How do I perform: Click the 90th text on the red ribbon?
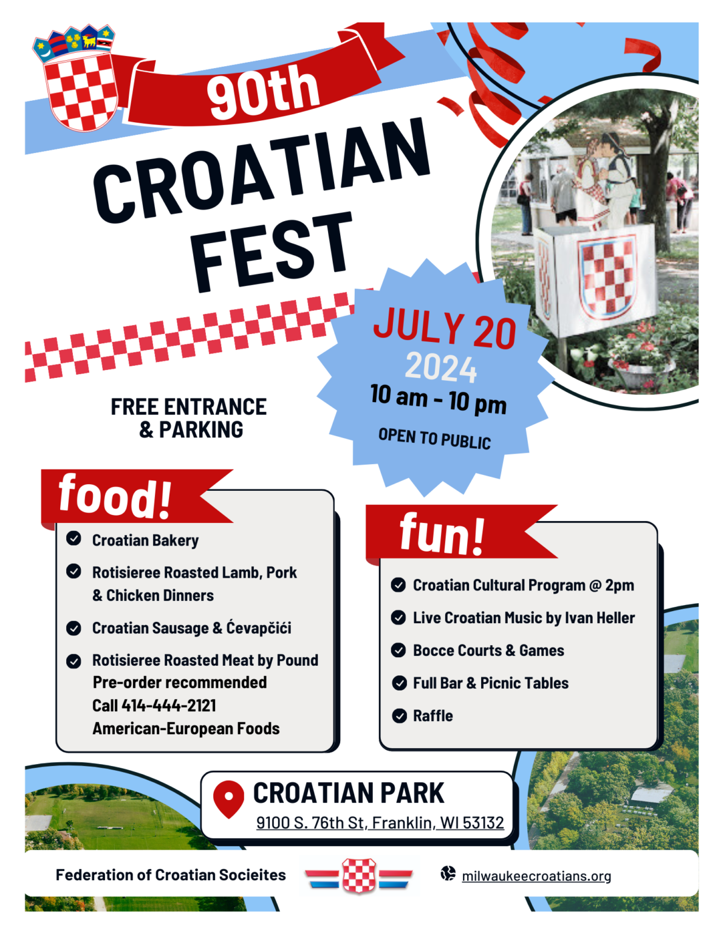[x=262, y=91]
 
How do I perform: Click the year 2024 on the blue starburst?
[x=441, y=368]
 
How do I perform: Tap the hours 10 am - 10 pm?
[x=438, y=399]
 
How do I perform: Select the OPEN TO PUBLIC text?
[x=434, y=438]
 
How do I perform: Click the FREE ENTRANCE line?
[x=188, y=407]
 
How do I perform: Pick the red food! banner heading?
[x=115, y=496]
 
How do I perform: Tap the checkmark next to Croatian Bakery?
[x=74, y=539]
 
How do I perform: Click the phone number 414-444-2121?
[x=169, y=705]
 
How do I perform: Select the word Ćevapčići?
[x=259, y=627]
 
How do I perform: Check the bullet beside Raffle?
[x=399, y=716]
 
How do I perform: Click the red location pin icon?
[x=228, y=798]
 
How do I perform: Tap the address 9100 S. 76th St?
[x=310, y=822]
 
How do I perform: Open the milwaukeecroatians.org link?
[x=536, y=876]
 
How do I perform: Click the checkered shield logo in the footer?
[x=359, y=876]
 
